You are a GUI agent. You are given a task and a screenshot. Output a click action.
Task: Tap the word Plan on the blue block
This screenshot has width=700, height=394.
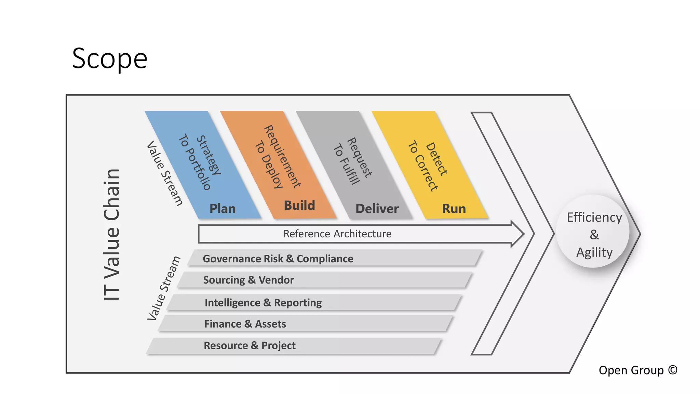pos(223,209)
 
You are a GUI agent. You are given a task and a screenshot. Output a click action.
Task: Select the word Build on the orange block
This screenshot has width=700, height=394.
pos(299,206)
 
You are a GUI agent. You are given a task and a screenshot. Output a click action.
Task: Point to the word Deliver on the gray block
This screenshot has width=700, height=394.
pos(377,209)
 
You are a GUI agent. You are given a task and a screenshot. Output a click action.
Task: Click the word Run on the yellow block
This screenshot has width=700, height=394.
pos(454,209)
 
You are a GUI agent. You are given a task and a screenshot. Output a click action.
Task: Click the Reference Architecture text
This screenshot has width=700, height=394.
pos(337,234)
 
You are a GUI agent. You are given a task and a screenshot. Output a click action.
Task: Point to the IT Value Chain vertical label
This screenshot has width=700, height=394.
pos(111,235)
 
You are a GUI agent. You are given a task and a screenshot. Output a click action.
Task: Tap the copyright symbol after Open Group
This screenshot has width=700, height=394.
pos(673,370)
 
